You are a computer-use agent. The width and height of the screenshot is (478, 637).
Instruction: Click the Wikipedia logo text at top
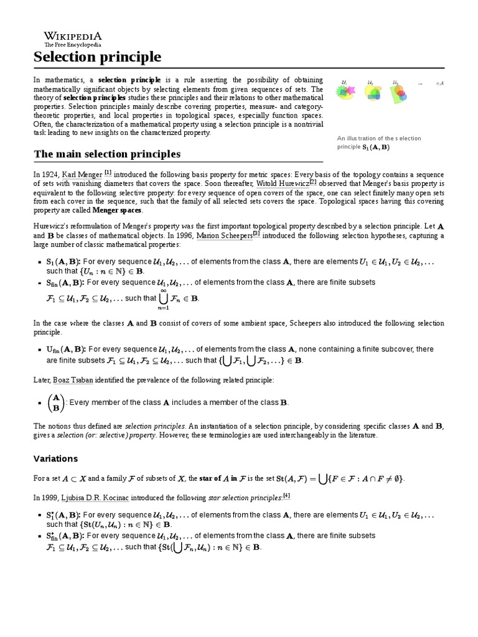click(x=72, y=35)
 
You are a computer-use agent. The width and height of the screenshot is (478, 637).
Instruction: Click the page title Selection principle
click(x=97, y=57)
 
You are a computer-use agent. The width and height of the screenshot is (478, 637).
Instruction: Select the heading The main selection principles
click(x=106, y=154)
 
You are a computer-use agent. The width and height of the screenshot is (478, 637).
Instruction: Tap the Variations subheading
click(x=55, y=458)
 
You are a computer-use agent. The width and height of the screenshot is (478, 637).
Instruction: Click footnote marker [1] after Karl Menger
click(x=108, y=172)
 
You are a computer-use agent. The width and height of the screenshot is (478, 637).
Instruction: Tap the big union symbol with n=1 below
click(x=163, y=297)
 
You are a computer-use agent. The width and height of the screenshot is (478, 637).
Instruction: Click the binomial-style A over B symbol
click(x=55, y=402)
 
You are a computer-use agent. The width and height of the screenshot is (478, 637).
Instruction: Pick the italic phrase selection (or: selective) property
click(x=96, y=435)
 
